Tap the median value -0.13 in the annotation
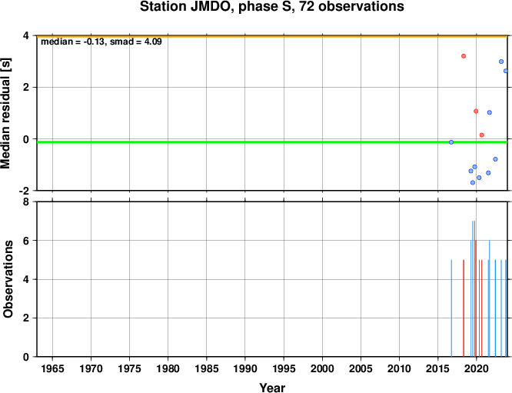tap(95, 42)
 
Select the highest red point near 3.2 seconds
tap(464, 56)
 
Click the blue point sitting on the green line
tap(451, 142)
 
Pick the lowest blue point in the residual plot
tap(473, 182)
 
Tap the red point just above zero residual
tap(481, 135)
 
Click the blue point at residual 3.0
tap(501, 62)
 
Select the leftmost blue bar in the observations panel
tap(451, 308)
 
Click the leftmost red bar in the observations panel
tap(464, 308)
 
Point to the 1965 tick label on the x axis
tap(52, 369)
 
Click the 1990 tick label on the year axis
tap(245, 369)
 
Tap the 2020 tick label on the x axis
tap(477, 369)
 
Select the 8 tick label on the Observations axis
tap(26, 202)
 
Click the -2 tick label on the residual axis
tap(24, 191)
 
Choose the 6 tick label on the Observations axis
tap(26, 241)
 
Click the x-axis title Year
tap(272, 388)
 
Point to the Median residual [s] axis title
tap(5, 113)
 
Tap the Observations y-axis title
tap(8, 279)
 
